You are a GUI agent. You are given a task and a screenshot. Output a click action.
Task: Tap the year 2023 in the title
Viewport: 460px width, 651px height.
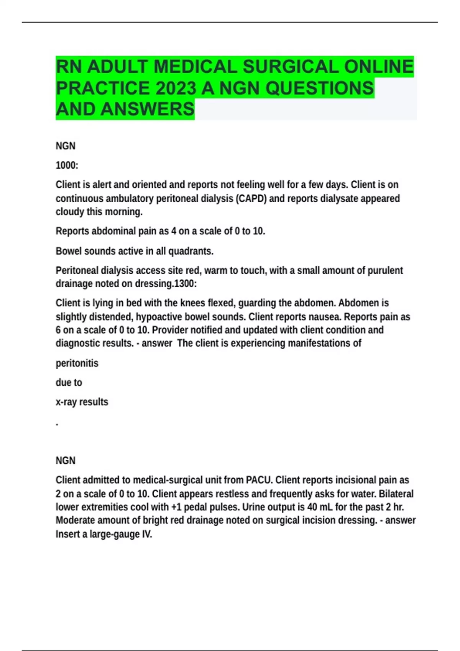[x=176, y=88]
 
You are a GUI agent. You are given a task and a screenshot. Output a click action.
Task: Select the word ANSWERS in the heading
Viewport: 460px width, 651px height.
[x=148, y=109]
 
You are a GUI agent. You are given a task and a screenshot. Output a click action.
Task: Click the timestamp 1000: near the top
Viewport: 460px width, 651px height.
[x=67, y=165]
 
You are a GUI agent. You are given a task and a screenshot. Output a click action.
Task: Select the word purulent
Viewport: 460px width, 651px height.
[x=385, y=271]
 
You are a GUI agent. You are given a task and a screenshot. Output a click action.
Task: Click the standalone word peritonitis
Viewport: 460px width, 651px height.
[x=77, y=363]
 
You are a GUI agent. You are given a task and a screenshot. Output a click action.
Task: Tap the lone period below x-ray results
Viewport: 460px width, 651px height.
[x=57, y=424]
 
